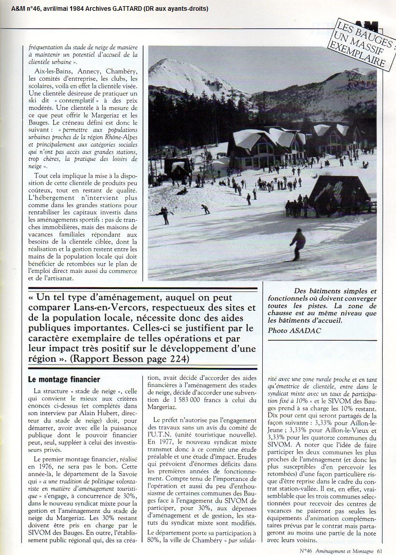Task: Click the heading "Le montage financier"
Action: point(56,381)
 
